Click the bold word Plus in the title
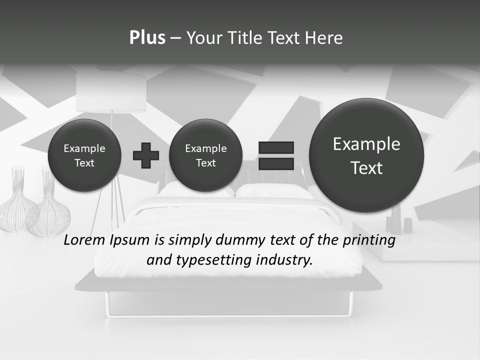click(147, 38)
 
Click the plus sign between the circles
click(146, 155)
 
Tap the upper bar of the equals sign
click(276, 147)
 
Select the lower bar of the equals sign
click(276, 163)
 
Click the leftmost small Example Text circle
click(84, 155)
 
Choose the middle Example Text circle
click(205, 155)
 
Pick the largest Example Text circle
click(366, 155)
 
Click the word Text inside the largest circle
click(366, 168)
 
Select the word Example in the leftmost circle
click(84, 148)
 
